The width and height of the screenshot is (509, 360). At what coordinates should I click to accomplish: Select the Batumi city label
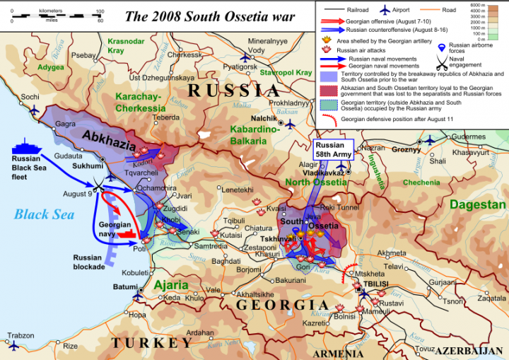[124, 287]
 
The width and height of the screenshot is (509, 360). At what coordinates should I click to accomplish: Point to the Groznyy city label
[406, 150]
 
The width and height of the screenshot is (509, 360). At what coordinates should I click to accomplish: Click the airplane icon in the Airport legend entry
[385, 11]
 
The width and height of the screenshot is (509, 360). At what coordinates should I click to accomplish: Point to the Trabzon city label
[21, 335]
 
